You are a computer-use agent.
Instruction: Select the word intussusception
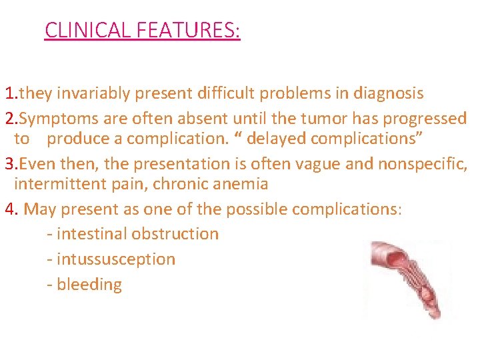[116, 259]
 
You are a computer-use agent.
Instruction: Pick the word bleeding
[89, 285]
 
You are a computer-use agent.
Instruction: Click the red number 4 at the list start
[9, 209]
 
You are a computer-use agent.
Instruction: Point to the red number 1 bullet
[8, 93]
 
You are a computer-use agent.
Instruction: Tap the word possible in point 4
[256, 209]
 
